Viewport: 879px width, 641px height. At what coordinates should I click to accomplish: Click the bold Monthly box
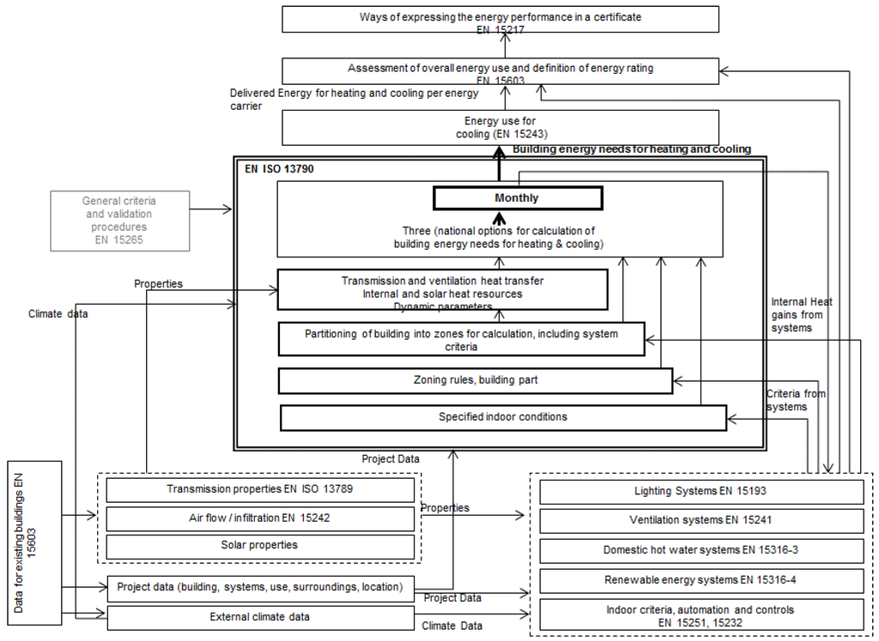click(x=517, y=198)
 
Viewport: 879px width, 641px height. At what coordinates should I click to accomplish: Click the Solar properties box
click(x=259, y=546)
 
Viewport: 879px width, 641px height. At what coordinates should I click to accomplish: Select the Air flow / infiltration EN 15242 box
click(x=259, y=518)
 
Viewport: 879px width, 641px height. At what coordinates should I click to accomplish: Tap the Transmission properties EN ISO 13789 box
click(x=259, y=490)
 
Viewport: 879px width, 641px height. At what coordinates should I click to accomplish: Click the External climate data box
click(x=260, y=616)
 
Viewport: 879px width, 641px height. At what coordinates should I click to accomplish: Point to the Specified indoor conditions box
click(x=503, y=417)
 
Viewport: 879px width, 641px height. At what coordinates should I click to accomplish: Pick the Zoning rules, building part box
click(x=475, y=380)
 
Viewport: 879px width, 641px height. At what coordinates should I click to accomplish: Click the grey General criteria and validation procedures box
click(x=119, y=221)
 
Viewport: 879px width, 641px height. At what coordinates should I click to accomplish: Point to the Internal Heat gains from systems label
click(x=801, y=314)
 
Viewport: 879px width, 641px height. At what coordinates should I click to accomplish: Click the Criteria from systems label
click(x=797, y=400)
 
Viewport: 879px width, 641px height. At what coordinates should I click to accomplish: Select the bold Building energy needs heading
click(x=631, y=149)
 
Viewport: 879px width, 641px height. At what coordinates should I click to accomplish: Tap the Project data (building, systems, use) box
click(x=260, y=588)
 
